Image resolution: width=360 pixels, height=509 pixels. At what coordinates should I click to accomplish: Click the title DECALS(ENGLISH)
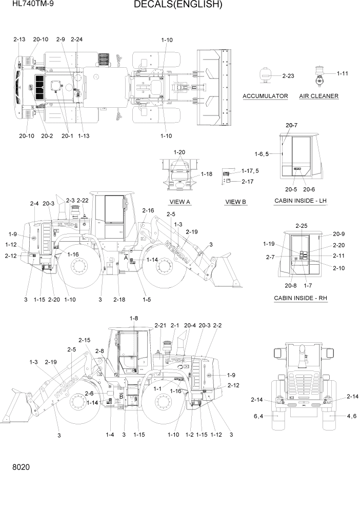coord(178,5)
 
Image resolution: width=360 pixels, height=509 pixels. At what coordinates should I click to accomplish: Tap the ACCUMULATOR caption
coord(265,96)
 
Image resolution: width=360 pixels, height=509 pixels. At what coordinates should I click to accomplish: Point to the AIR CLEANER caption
coord(318,96)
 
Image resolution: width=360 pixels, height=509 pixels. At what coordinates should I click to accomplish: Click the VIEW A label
coord(179,202)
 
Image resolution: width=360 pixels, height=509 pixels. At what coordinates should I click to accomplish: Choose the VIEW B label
coord(236,202)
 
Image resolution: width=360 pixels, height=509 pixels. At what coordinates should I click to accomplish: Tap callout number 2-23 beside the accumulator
coord(288,76)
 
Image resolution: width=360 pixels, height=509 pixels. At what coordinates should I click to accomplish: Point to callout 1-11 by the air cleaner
coord(342,73)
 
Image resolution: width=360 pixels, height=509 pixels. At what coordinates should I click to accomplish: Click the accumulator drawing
coord(266,74)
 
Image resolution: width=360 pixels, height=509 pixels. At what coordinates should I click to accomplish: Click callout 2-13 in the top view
coord(19,39)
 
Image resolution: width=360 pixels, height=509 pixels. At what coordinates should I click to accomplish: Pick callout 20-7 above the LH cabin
coord(291,125)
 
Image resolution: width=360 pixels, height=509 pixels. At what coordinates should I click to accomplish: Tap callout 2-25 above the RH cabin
coord(302,226)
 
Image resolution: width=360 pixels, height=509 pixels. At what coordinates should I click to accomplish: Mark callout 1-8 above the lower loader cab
coord(134,318)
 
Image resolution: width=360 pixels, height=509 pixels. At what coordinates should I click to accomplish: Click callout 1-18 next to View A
coord(206,174)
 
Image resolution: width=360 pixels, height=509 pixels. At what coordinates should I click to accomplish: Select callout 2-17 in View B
coord(247,181)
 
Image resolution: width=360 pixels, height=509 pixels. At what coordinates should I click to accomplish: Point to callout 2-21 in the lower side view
coord(161,325)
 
